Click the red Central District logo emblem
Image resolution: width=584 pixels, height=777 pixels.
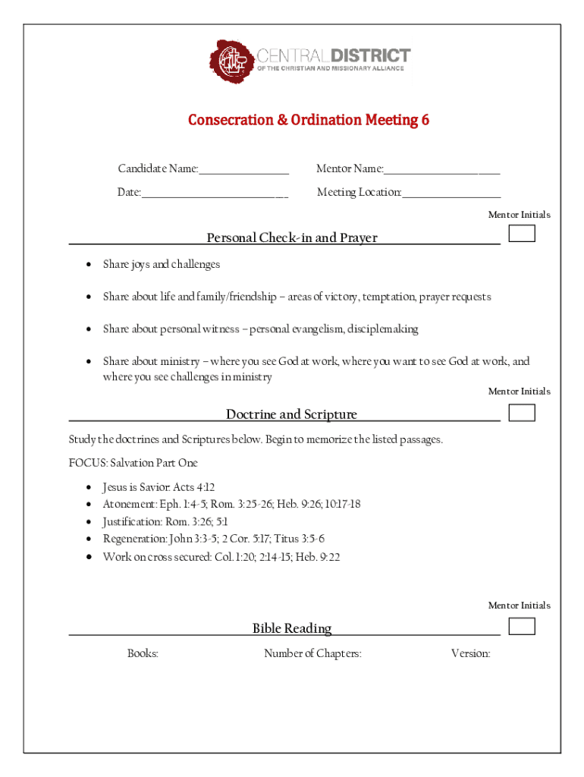232,61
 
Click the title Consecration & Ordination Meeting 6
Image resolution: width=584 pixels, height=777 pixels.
309,120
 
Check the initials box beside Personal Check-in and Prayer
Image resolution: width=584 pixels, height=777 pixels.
522,233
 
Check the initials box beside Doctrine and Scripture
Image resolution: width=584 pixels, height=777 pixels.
522,412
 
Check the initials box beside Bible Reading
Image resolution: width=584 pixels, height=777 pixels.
522,626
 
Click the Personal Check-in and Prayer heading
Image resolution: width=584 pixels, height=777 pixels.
292,238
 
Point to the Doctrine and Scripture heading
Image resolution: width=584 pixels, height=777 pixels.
292,414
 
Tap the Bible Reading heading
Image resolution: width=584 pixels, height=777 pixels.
292,628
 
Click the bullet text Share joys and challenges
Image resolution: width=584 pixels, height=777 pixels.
162,264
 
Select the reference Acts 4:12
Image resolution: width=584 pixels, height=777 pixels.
194,487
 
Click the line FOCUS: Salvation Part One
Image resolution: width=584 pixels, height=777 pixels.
133,463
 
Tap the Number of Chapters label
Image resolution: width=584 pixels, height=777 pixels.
312,653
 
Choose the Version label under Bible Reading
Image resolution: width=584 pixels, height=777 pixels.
470,653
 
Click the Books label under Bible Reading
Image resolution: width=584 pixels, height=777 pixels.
143,653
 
